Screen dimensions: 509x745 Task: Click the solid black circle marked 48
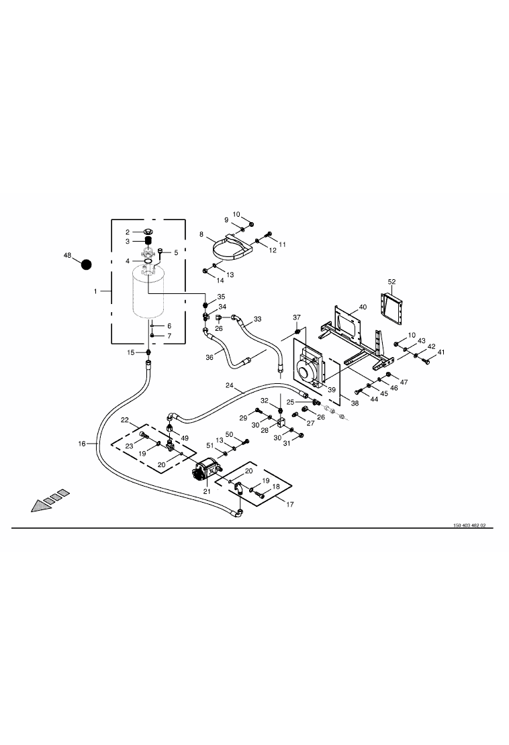click(x=86, y=264)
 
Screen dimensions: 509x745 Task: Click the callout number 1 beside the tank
click(x=95, y=291)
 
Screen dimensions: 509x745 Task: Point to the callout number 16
click(x=82, y=444)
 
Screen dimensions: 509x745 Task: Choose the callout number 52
click(x=391, y=282)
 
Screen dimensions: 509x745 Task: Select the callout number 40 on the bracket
click(x=363, y=307)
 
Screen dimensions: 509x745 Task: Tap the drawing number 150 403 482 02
click(x=469, y=526)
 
